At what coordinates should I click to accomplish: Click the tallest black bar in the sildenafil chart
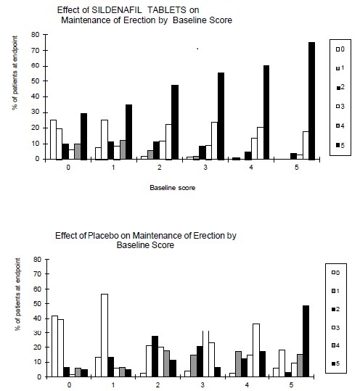pos(311,101)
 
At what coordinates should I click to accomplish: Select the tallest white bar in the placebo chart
pos(105,335)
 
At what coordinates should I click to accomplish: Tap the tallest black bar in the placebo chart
pos(306,341)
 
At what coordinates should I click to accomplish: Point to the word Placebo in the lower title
pos(103,236)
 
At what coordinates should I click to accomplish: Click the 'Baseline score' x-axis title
pos(173,188)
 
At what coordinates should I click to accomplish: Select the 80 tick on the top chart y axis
pos(36,35)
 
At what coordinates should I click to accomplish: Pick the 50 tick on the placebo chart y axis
pos(38,304)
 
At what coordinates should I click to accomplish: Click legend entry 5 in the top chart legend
pos(340,145)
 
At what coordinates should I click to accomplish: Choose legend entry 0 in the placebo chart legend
pos(335,273)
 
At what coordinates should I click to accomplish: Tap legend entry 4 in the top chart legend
pos(340,126)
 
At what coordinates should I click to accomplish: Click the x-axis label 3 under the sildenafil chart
pos(205,168)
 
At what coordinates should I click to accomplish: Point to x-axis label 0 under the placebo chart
pos(70,384)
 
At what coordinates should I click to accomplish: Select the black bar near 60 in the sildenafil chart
pos(266,112)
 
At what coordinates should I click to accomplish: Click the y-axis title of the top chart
pos(15,73)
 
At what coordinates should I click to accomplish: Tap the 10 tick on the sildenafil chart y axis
pos(36,144)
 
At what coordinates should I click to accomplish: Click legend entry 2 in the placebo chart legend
pos(335,309)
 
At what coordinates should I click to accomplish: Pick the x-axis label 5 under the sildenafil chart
pos(297,168)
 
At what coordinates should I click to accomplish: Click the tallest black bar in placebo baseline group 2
pos(155,356)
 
